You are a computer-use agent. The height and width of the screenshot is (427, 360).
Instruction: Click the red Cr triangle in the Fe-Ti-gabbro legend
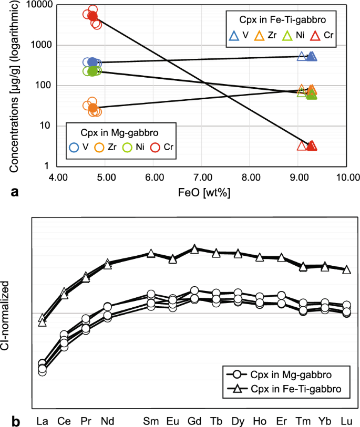pyautogui.click(x=315, y=36)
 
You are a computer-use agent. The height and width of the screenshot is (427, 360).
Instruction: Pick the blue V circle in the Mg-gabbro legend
pyautogui.click(x=74, y=148)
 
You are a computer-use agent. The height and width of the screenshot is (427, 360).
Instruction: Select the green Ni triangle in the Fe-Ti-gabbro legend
pyautogui.click(x=287, y=36)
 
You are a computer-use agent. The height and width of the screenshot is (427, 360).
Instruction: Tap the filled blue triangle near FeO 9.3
pyautogui.click(x=311, y=56)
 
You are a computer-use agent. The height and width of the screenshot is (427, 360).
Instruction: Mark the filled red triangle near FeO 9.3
pyautogui.click(x=311, y=146)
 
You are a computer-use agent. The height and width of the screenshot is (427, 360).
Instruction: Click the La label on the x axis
pyautogui.click(x=42, y=421)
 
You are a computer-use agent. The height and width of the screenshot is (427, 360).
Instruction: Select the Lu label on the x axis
pyautogui.click(x=346, y=421)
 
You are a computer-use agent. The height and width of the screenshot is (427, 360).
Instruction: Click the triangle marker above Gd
pyautogui.click(x=194, y=249)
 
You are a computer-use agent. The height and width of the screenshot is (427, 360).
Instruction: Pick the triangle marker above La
pyautogui.click(x=42, y=320)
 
